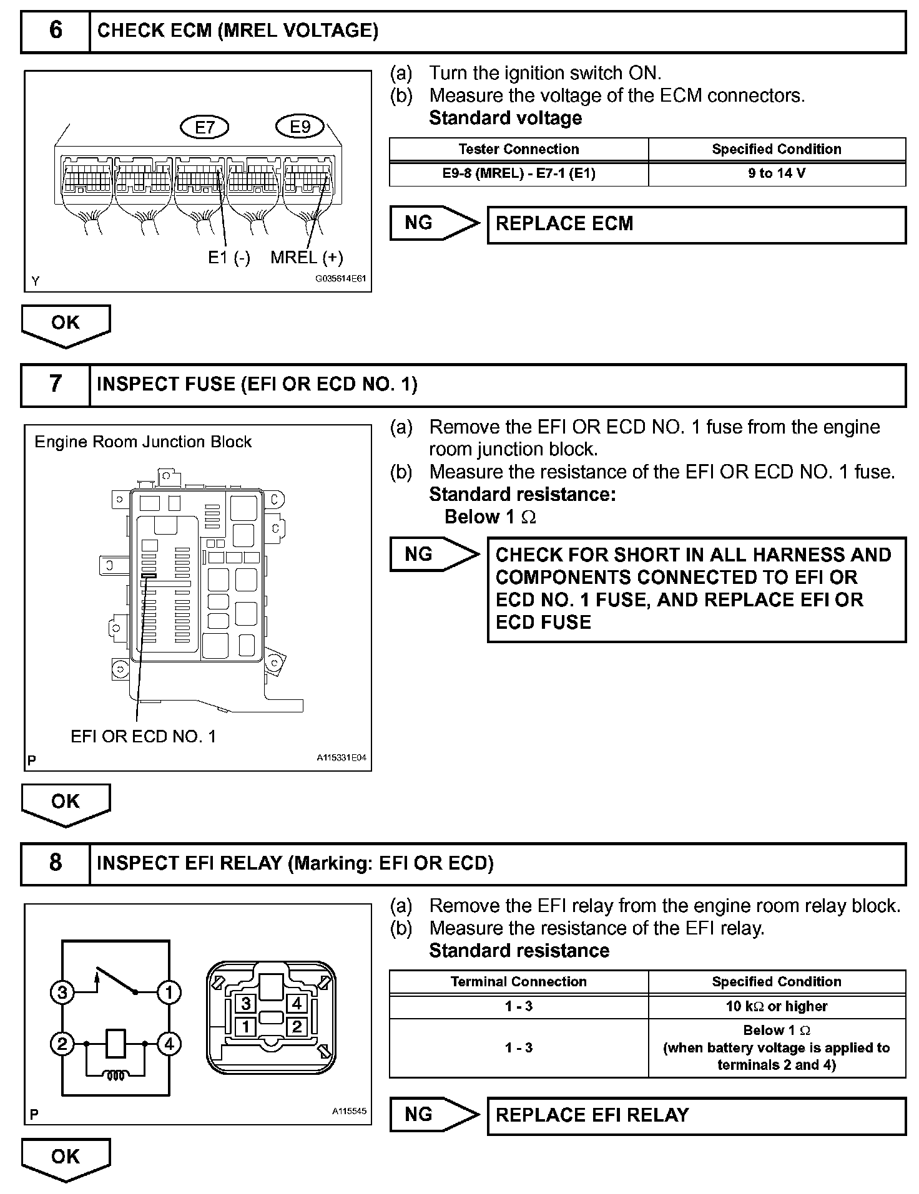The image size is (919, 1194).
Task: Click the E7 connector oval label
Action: point(205,127)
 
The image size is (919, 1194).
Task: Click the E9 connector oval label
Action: point(300,127)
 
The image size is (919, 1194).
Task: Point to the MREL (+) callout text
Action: point(307,257)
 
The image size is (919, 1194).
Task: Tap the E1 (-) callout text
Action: point(229,257)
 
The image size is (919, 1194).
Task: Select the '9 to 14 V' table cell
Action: point(777,173)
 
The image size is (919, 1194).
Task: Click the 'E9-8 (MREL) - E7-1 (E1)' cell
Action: point(518,173)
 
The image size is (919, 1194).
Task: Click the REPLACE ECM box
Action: point(696,225)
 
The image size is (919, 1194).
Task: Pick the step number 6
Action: point(56,30)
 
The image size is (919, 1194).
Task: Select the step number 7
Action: point(56,384)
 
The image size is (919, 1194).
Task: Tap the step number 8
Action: point(56,863)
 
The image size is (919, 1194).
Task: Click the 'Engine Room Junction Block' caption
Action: point(142,442)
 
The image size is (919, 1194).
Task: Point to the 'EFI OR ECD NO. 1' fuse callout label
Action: point(143,736)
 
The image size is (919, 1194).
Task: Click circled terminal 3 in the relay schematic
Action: point(62,993)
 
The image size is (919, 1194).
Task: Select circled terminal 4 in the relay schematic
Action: point(169,1044)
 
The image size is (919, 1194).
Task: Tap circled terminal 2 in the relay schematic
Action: point(62,1044)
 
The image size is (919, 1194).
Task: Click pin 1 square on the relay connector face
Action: point(246,1027)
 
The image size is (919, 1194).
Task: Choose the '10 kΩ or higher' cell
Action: point(777,1006)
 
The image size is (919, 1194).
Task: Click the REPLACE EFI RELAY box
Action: point(696,1115)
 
